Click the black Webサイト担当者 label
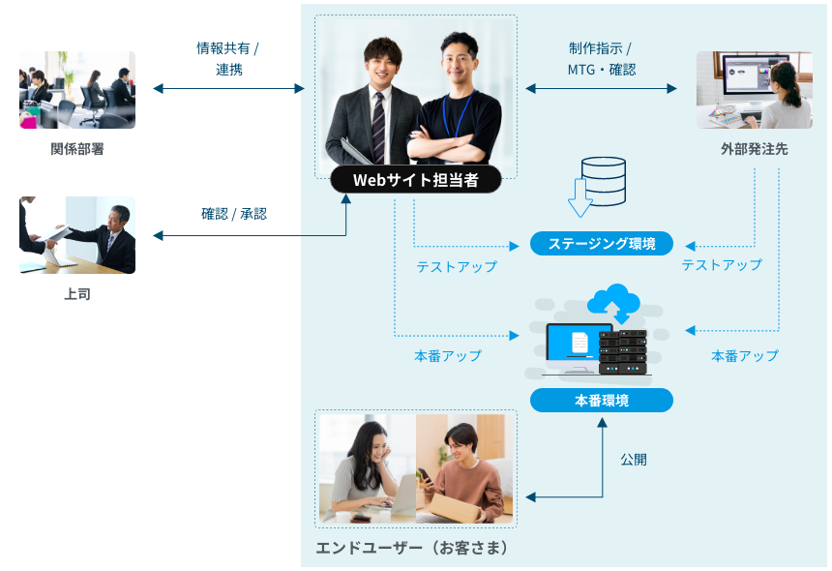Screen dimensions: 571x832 415,180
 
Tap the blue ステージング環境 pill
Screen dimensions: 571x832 601,243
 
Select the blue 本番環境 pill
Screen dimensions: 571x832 601,400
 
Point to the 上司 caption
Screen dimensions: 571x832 77,293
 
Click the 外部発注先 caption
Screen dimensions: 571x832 754,149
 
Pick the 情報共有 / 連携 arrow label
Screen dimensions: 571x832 228,58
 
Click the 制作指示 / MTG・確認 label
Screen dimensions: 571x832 601,58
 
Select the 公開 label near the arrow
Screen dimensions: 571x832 634,460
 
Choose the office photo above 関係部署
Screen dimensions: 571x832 77,90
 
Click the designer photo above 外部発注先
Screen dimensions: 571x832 754,90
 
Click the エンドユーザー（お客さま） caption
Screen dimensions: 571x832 412,549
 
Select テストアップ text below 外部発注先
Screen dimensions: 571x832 722,264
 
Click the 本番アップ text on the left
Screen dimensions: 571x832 448,355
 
